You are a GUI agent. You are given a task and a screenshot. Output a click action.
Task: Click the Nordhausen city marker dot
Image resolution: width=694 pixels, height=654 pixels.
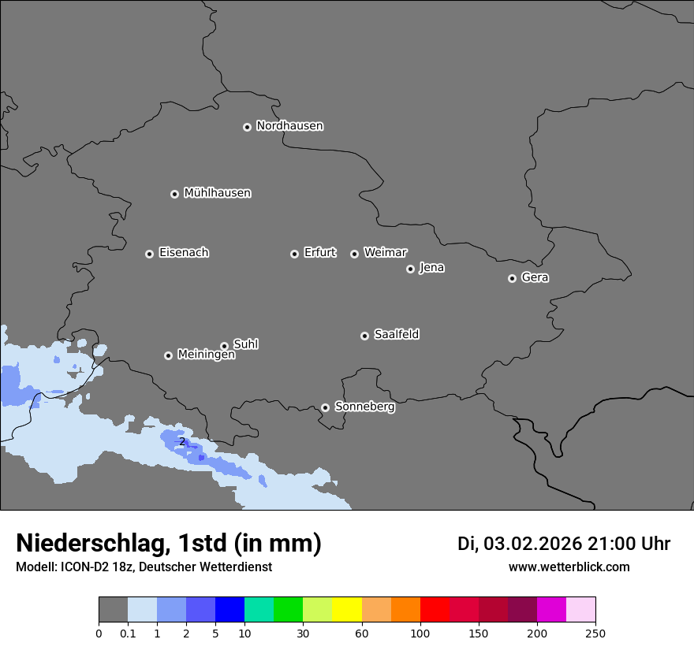point(247,127)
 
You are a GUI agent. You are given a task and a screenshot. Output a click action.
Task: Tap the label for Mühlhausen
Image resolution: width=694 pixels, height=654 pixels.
point(217,193)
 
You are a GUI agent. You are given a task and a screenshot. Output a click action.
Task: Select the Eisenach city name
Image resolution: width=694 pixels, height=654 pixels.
point(184,253)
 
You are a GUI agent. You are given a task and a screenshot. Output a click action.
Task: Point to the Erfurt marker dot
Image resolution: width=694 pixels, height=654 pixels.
point(294,254)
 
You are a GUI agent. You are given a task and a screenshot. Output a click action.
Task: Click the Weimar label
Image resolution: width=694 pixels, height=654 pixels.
point(385,253)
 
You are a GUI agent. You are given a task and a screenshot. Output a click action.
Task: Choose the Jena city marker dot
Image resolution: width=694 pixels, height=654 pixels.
point(410,269)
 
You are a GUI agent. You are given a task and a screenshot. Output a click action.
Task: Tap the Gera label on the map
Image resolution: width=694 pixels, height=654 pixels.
point(535,277)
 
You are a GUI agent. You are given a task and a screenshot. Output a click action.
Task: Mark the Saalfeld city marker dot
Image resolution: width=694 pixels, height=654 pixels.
point(364,336)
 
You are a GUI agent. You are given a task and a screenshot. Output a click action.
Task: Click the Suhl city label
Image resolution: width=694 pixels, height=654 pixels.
point(245,344)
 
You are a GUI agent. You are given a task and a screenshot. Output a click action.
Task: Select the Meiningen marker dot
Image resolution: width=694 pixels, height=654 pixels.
point(168,355)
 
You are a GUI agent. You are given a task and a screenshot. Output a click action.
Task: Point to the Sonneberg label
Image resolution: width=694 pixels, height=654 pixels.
point(364,407)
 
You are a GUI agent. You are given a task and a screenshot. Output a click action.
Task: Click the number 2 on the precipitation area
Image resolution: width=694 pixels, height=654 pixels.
point(182,442)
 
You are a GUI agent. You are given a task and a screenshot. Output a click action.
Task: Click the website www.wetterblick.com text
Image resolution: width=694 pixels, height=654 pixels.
point(569,567)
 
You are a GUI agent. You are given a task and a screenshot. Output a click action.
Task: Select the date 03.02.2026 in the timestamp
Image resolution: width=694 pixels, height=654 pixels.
point(532,544)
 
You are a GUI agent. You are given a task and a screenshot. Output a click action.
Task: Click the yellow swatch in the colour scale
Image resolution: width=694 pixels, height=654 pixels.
point(347,610)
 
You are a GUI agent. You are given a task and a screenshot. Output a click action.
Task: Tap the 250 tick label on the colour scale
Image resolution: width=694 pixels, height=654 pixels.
point(595,633)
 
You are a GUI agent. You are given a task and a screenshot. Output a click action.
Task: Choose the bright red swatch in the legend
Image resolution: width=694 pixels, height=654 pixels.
point(435,610)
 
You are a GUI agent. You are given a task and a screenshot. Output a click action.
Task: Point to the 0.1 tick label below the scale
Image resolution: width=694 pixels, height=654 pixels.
point(128,633)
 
